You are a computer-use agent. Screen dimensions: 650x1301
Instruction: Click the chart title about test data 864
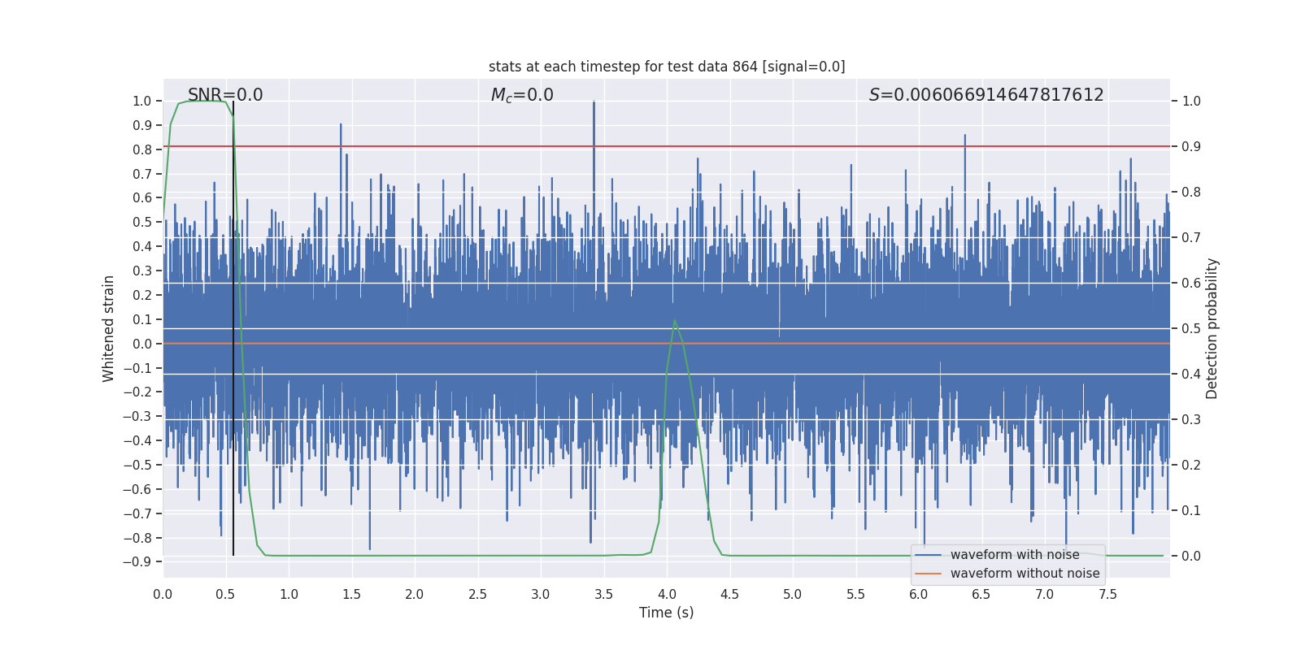point(667,67)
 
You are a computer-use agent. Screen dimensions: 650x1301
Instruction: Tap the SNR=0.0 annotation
point(225,95)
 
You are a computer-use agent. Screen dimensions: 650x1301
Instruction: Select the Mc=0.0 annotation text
point(522,95)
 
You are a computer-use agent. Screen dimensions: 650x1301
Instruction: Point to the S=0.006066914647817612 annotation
point(986,95)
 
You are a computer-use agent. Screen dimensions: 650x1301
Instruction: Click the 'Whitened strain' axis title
point(109,328)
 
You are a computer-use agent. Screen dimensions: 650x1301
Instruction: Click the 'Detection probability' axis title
point(1212,328)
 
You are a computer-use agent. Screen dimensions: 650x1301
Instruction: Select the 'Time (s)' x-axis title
point(666,613)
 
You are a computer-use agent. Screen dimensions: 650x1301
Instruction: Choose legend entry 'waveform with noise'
point(1015,555)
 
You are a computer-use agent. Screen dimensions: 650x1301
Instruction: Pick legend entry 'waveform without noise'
point(1025,574)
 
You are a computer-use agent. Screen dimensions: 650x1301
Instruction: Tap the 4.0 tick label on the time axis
point(667,594)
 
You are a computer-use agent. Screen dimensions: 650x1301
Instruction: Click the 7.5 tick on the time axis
point(1107,594)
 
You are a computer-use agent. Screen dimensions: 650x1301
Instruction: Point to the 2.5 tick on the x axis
point(477,594)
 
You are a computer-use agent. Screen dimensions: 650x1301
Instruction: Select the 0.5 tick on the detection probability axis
point(1191,328)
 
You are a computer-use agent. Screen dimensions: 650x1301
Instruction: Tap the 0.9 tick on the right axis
point(1191,146)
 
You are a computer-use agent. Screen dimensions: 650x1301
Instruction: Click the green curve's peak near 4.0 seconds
point(674,320)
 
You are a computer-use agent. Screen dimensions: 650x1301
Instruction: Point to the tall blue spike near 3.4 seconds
point(594,102)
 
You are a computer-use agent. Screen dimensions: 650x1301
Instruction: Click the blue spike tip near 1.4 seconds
point(341,124)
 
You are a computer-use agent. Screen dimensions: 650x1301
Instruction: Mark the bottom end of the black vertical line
point(233,555)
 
